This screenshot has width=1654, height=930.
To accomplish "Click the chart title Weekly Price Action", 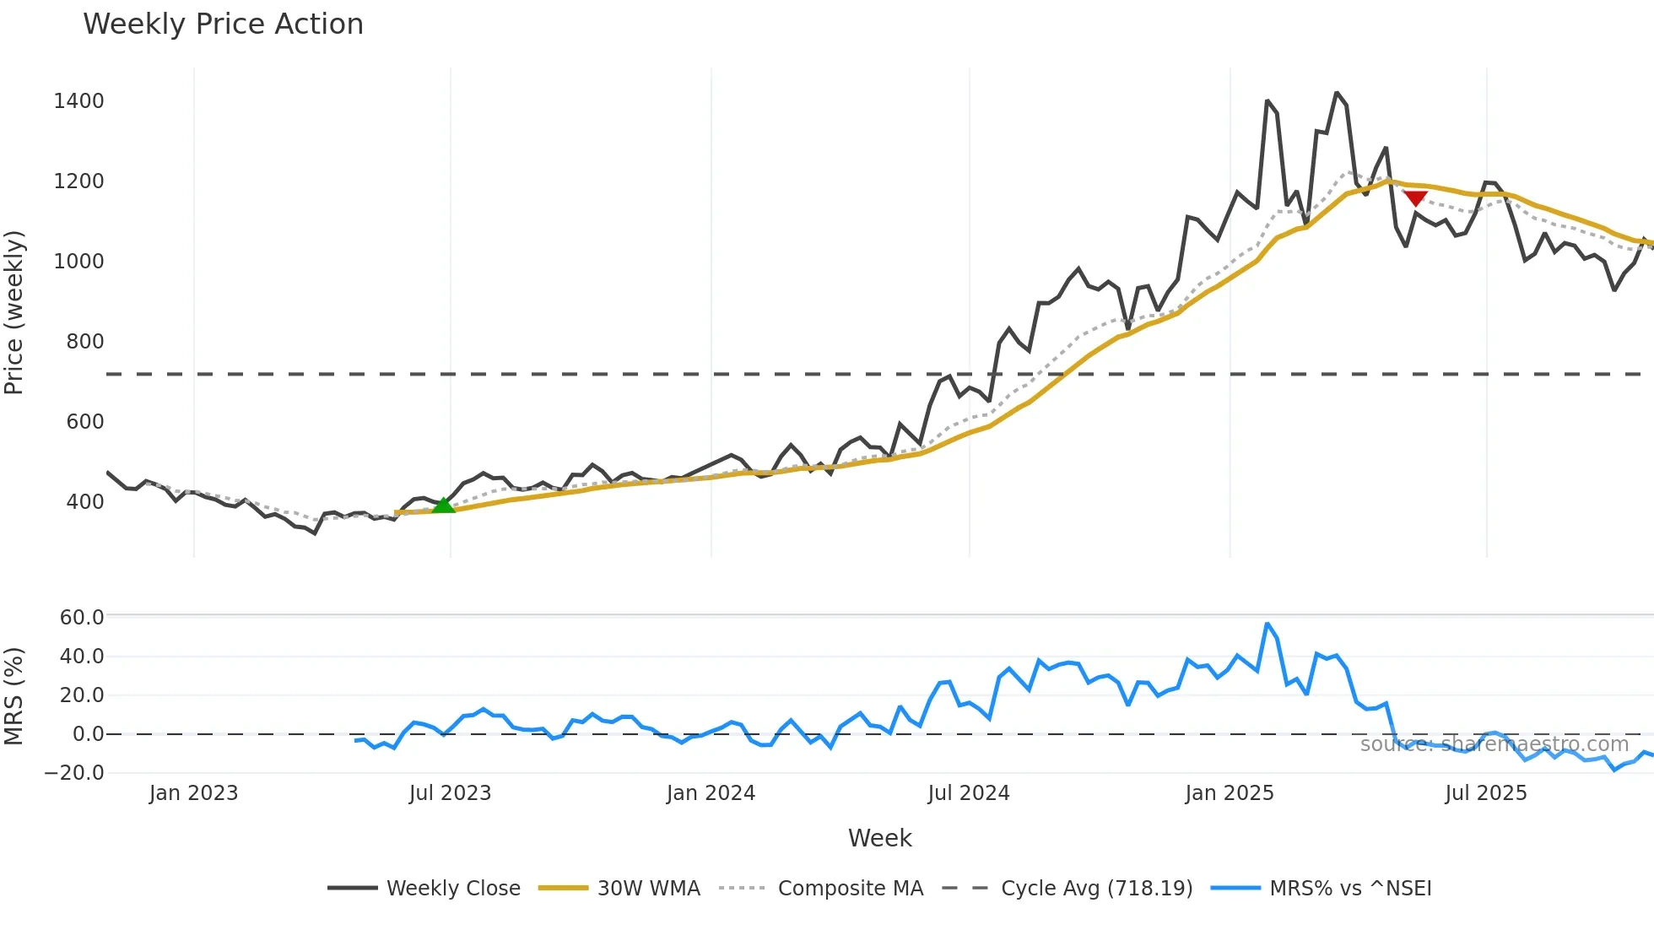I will (x=223, y=24).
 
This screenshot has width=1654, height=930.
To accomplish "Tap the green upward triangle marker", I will (x=443, y=505).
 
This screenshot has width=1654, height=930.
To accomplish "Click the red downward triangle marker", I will (x=1415, y=198).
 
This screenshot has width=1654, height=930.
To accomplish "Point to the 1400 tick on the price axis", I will (x=78, y=101).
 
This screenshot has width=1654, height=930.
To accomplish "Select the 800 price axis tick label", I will (x=85, y=342).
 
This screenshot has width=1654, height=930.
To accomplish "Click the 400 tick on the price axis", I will (x=85, y=502).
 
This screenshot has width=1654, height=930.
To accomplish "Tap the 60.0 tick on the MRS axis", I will (x=82, y=618).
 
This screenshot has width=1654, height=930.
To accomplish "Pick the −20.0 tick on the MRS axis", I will (x=74, y=773).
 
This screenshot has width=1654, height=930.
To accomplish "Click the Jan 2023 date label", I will (x=193, y=793).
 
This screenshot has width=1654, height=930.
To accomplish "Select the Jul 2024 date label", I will (x=968, y=793).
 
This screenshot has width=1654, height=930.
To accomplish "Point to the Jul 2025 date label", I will (x=1485, y=793).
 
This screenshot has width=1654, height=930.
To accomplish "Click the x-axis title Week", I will (x=879, y=838).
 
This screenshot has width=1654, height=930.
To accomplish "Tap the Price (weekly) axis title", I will (x=14, y=312).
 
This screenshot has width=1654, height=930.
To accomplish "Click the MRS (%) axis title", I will (x=14, y=696).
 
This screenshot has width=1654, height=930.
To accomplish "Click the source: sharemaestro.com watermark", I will (x=1494, y=744).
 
